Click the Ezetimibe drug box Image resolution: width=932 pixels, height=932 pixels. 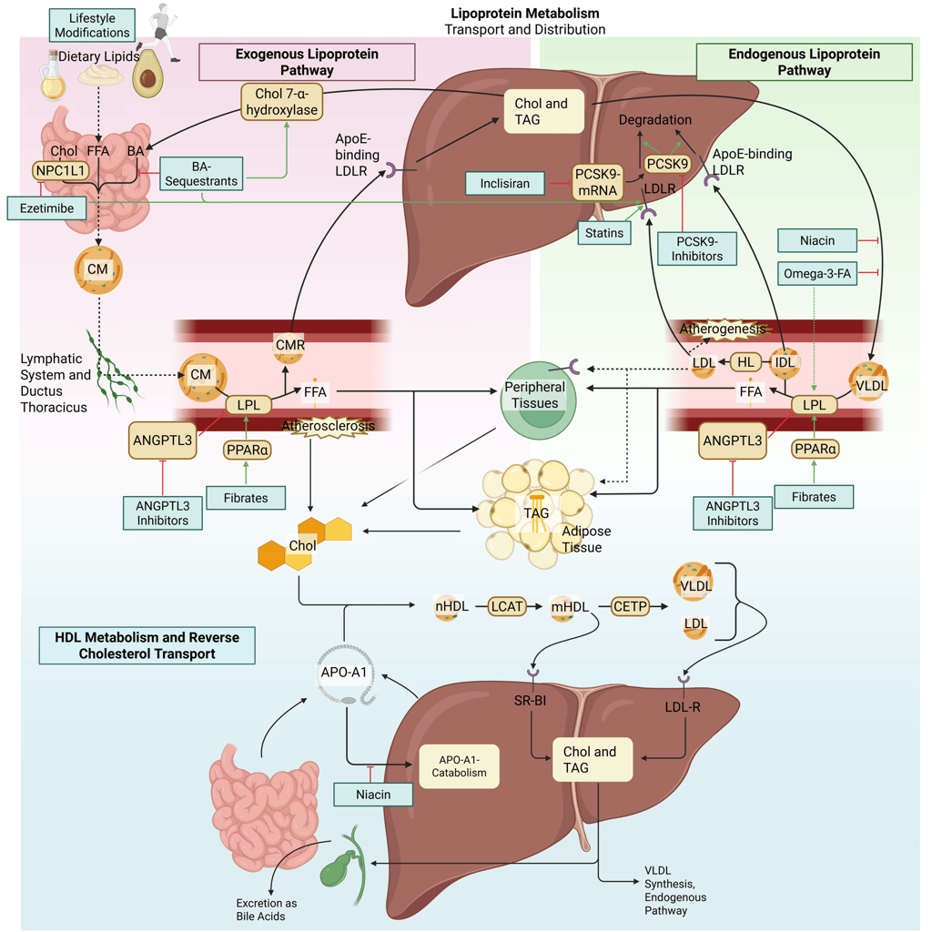click(x=46, y=208)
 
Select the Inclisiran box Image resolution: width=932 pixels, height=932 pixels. click(x=505, y=184)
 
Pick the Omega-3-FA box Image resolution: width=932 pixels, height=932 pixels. click(x=817, y=272)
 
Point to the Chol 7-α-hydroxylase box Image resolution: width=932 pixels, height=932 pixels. click(x=282, y=102)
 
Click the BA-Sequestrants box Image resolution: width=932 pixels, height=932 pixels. click(x=203, y=173)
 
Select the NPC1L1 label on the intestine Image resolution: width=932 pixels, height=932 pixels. click(x=62, y=169)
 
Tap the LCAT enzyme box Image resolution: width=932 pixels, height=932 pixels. click(x=508, y=605)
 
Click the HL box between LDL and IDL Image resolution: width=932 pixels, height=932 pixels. click(x=746, y=362)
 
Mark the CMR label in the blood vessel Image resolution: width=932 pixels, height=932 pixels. click(x=289, y=345)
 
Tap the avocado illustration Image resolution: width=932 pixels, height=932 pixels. click(x=147, y=74)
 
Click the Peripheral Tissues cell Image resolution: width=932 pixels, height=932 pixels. click(x=538, y=396)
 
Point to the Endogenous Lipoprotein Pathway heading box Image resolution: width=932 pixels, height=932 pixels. click(x=804, y=61)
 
